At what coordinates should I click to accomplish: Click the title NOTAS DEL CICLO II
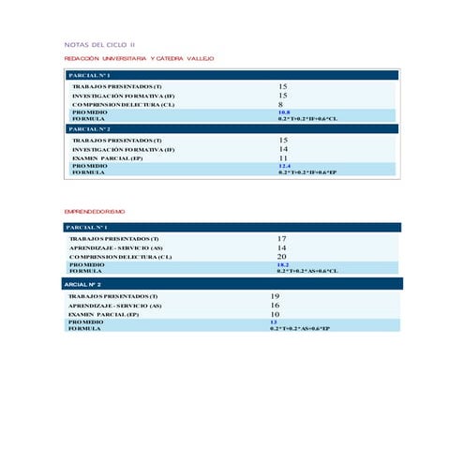pyautogui.click(x=98, y=44)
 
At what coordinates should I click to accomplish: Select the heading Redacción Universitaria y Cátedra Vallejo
pyautogui.click(x=139, y=58)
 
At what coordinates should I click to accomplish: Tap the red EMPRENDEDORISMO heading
pyautogui.click(x=94, y=212)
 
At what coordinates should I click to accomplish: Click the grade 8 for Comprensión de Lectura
pyautogui.click(x=280, y=104)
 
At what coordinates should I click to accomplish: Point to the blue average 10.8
pyautogui.click(x=284, y=112)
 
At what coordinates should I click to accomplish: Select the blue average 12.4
pyautogui.click(x=284, y=166)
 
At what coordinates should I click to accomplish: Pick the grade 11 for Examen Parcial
pyautogui.click(x=283, y=157)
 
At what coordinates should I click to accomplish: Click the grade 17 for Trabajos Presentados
pyautogui.click(x=281, y=238)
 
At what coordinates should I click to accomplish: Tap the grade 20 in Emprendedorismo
pyautogui.click(x=281, y=256)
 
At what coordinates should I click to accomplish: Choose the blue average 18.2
pyautogui.click(x=281, y=264)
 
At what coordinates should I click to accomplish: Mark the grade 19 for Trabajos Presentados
pyautogui.click(x=275, y=296)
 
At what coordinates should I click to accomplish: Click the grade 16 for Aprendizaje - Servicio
pyautogui.click(x=275, y=306)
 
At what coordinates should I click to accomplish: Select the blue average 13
pyautogui.click(x=274, y=322)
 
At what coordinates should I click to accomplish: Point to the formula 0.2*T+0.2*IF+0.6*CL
pyautogui.click(x=307, y=119)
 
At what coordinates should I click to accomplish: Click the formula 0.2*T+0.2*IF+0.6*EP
pyautogui.click(x=307, y=172)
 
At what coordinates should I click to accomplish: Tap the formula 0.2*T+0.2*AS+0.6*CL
pyautogui.click(x=307, y=271)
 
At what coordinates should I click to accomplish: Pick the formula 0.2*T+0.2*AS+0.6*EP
pyautogui.click(x=300, y=328)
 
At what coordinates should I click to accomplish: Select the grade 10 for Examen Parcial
pyautogui.click(x=275, y=314)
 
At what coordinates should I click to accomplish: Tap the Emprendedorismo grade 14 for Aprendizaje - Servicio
pyautogui.click(x=281, y=247)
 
